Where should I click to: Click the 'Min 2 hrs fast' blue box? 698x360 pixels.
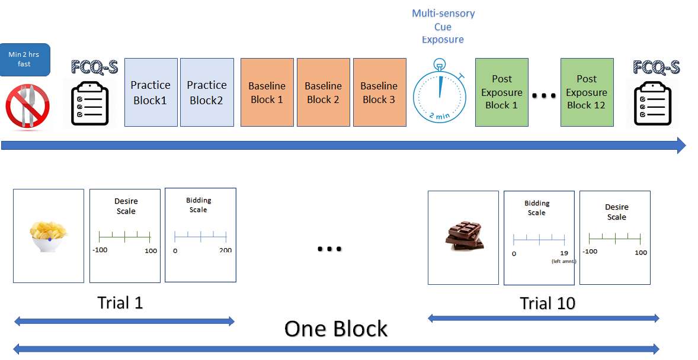[x=24, y=60]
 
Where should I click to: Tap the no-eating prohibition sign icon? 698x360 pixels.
[x=27, y=107]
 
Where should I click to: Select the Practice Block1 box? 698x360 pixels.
[x=151, y=92]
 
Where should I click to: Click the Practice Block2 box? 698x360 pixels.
[x=207, y=92]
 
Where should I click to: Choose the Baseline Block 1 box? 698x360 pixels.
[x=267, y=92]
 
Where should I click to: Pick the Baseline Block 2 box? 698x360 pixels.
[x=323, y=92]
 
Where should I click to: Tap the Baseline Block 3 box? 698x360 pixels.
[x=380, y=92]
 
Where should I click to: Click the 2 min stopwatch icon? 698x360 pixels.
[x=440, y=92]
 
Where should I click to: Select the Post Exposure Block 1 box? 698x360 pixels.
[x=502, y=92]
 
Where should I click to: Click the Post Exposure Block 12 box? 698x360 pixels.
[x=587, y=92]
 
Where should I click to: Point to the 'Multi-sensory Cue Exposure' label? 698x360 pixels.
[x=443, y=26]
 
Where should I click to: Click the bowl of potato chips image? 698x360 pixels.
[x=49, y=236]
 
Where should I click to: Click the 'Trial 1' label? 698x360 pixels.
[x=120, y=303]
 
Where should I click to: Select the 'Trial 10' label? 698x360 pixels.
[x=547, y=304]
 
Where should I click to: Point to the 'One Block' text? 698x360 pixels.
[x=336, y=329]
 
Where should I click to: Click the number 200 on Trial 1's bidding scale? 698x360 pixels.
[x=225, y=250]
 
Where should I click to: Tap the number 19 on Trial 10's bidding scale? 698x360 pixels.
[x=564, y=253]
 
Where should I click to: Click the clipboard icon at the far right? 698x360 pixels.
[x=652, y=104]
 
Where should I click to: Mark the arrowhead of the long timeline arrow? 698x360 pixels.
[x=681, y=146]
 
